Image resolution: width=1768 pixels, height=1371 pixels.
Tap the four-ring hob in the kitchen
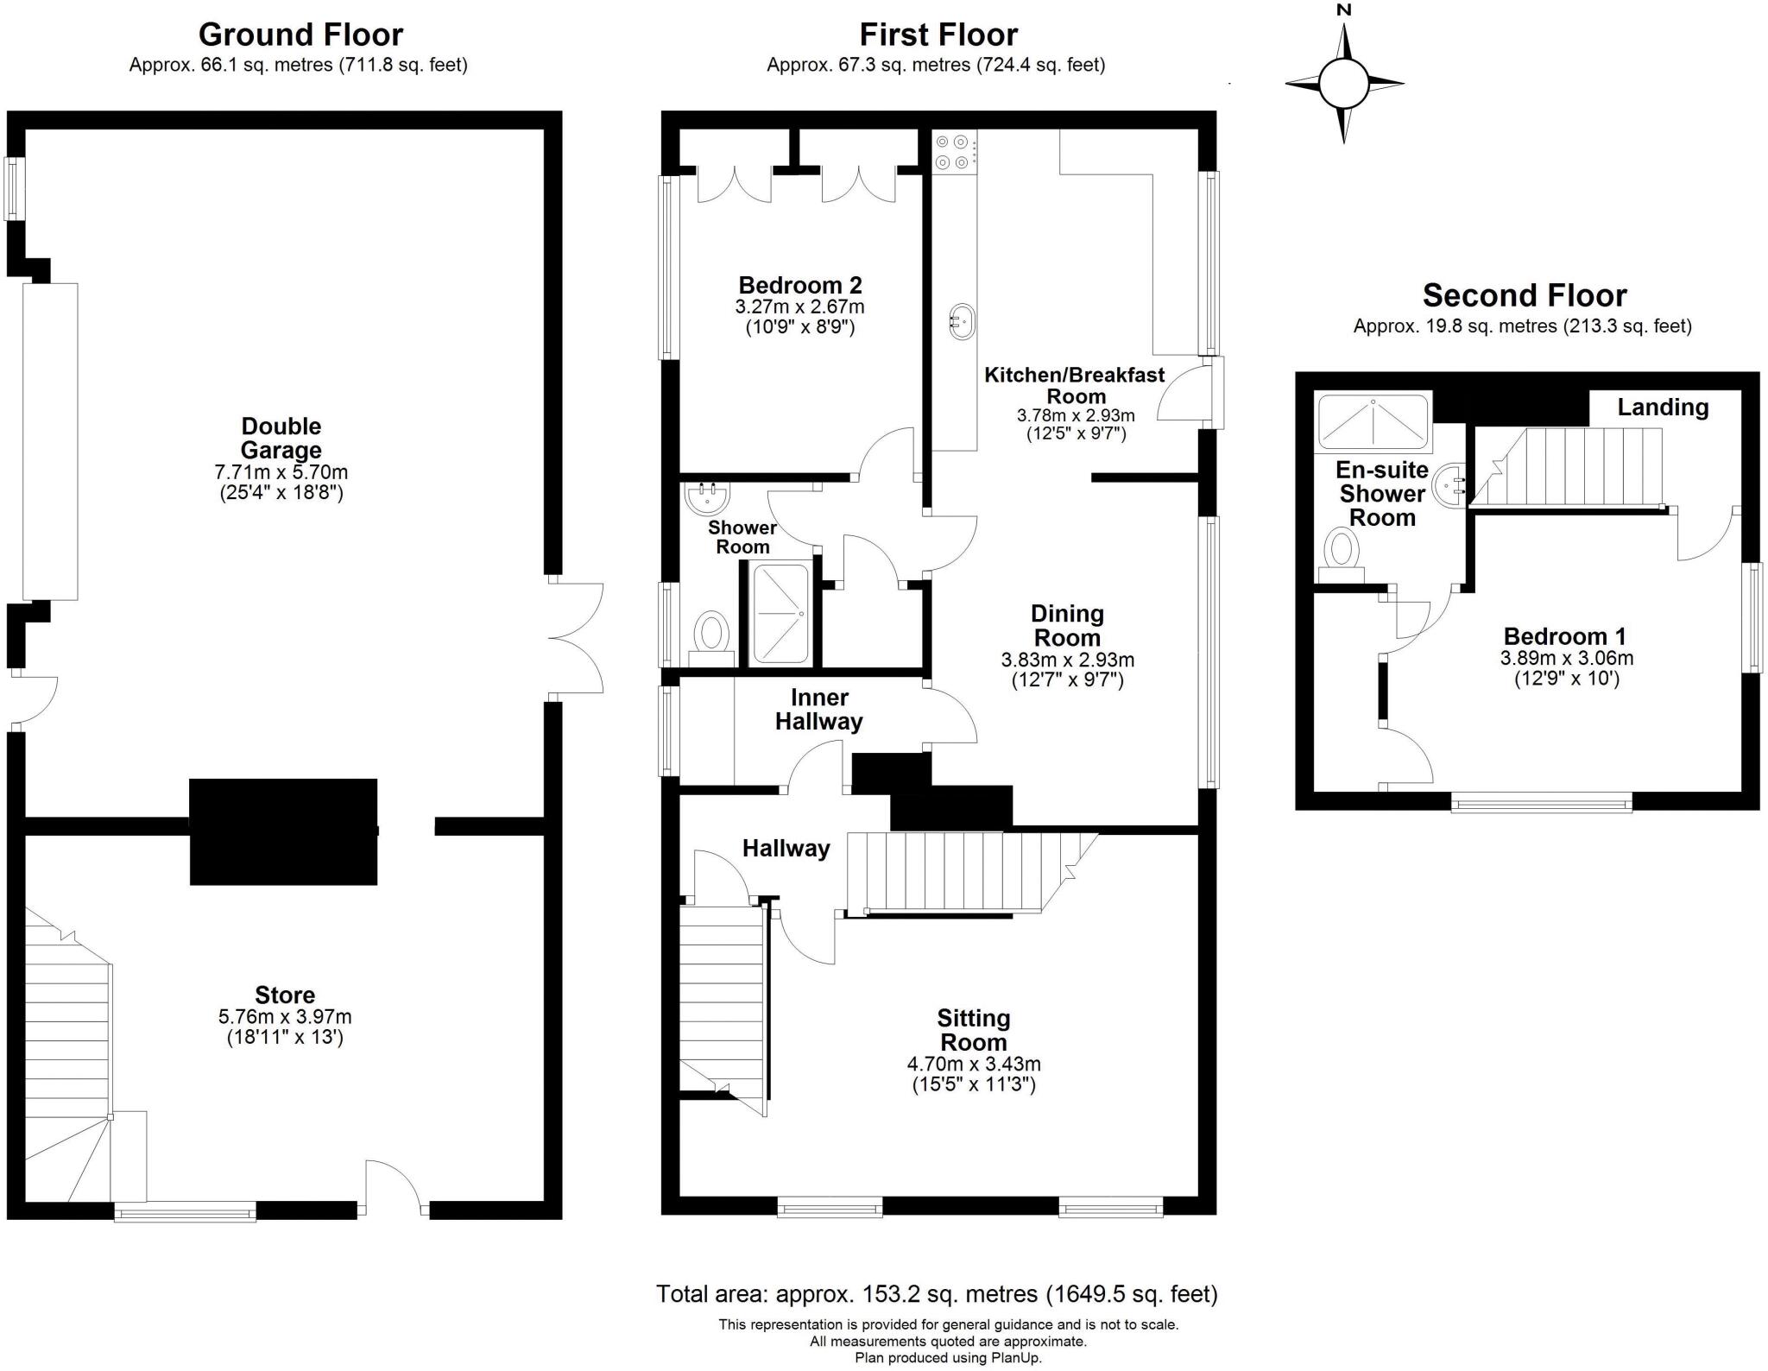tap(953, 151)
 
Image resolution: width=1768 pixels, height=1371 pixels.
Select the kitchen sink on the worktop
tap(961, 322)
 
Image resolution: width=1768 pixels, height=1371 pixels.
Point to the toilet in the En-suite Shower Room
tap(1341, 553)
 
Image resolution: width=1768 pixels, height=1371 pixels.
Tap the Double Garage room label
tap(281, 438)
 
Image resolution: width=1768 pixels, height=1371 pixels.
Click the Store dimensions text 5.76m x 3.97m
tap(285, 1017)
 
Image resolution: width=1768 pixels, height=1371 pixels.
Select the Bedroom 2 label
tap(799, 285)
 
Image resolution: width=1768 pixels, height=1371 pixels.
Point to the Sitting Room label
tap(973, 1030)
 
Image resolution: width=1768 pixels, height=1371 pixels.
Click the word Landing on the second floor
tap(1662, 408)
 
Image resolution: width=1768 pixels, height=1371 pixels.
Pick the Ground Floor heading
tap(300, 35)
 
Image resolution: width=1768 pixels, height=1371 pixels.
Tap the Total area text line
tap(937, 1293)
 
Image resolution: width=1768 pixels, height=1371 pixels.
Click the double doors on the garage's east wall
tap(574, 638)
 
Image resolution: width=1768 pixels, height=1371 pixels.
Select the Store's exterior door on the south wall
tap(394, 1190)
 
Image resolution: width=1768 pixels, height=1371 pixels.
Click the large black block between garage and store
tap(283, 831)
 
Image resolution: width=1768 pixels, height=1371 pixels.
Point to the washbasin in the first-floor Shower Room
tap(707, 496)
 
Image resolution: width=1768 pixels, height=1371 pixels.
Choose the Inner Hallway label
tap(818, 710)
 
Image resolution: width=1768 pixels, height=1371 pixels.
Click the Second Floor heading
tap(1524, 295)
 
